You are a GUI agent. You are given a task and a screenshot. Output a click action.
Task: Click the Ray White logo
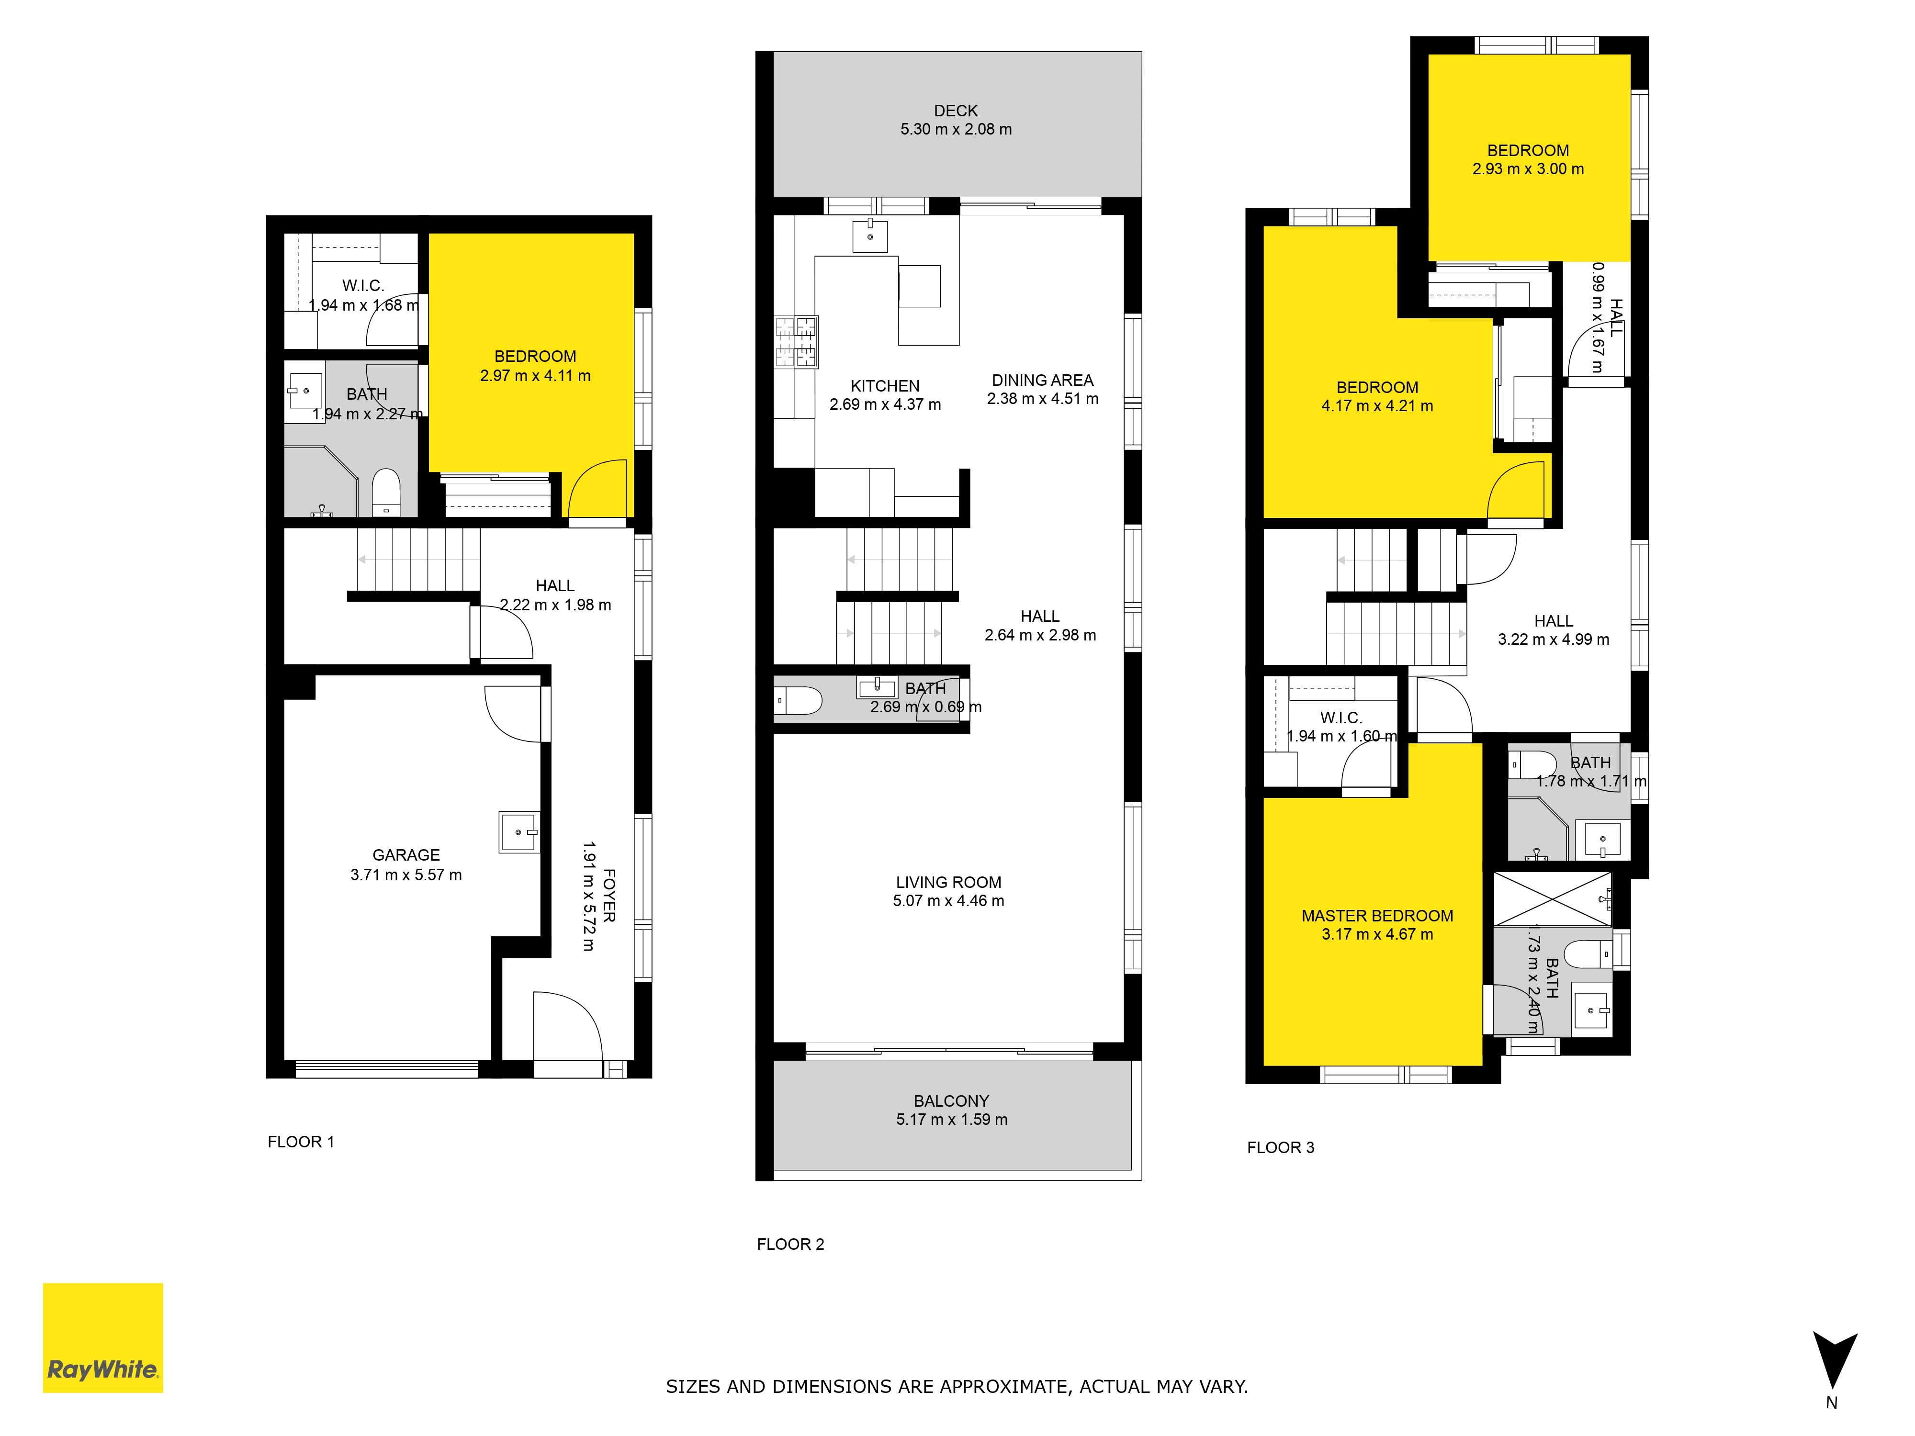(103, 1337)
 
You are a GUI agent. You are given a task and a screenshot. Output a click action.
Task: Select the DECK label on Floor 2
(956, 111)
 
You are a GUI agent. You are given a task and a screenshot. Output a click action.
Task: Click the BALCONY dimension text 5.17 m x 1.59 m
(951, 1119)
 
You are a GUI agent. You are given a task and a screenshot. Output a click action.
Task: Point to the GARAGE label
(406, 855)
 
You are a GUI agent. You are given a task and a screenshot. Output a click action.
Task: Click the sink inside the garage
(519, 832)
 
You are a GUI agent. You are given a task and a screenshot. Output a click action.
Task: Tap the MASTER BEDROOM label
(1377, 916)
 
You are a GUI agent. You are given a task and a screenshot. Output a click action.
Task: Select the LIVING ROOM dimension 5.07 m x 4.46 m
(949, 901)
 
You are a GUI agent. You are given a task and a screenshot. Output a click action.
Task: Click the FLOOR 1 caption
(300, 1142)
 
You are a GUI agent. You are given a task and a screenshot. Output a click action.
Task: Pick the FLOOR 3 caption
(1281, 1148)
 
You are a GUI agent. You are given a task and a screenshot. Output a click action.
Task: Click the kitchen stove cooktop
(797, 342)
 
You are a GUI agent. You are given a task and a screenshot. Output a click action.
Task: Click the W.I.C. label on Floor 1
(363, 286)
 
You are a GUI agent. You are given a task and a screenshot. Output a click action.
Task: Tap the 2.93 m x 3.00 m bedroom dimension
(1528, 169)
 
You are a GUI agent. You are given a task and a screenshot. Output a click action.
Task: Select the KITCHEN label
(885, 386)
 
